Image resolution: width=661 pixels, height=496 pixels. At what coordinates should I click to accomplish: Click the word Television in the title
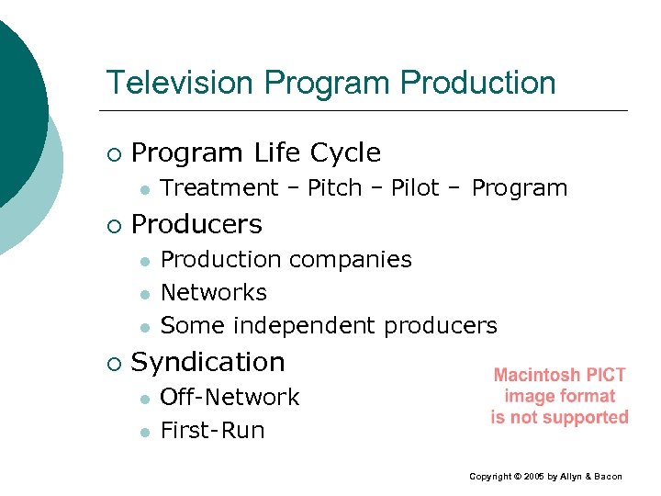pyautogui.click(x=180, y=83)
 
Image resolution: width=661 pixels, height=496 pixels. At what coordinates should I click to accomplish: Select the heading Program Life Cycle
pyautogui.click(x=256, y=152)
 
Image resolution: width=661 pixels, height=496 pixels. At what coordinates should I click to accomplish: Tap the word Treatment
pyautogui.click(x=219, y=188)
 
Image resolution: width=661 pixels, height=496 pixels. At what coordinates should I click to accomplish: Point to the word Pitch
pyautogui.click(x=335, y=188)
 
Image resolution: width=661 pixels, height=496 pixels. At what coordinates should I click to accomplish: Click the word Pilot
pyautogui.click(x=416, y=188)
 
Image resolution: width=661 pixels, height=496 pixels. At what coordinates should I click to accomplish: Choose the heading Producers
pyautogui.click(x=196, y=224)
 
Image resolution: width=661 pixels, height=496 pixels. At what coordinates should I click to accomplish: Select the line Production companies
pyautogui.click(x=286, y=260)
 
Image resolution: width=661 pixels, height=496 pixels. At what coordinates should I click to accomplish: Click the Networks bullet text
pyautogui.click(x=213, y=293)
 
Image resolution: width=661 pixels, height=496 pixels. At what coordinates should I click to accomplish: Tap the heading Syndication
pyautogui.click(x=208, y=362)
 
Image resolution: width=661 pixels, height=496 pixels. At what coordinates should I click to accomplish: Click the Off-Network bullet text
pyautogui.click(x=230, y=398)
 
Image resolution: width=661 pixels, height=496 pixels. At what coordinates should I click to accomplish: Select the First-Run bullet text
pyautogui.click(x=212, y=431)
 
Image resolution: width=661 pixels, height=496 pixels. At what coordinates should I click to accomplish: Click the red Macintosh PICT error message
pyautogui.click(x=559, y=396)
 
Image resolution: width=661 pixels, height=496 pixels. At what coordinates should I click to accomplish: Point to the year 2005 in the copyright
pyautogui.click(x=532, y=477)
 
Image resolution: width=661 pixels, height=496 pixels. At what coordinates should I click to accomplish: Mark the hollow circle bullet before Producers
pyautogui.click(x=112, y=225)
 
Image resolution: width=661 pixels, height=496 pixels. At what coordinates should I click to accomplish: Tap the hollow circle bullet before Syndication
pyautogui.click(x=112, y=363)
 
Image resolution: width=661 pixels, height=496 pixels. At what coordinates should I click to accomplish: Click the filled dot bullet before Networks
pyautogui.click(x=144, y=294)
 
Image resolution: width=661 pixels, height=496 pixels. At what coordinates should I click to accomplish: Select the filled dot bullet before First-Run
pyautogui.click(x=144, y=432)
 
